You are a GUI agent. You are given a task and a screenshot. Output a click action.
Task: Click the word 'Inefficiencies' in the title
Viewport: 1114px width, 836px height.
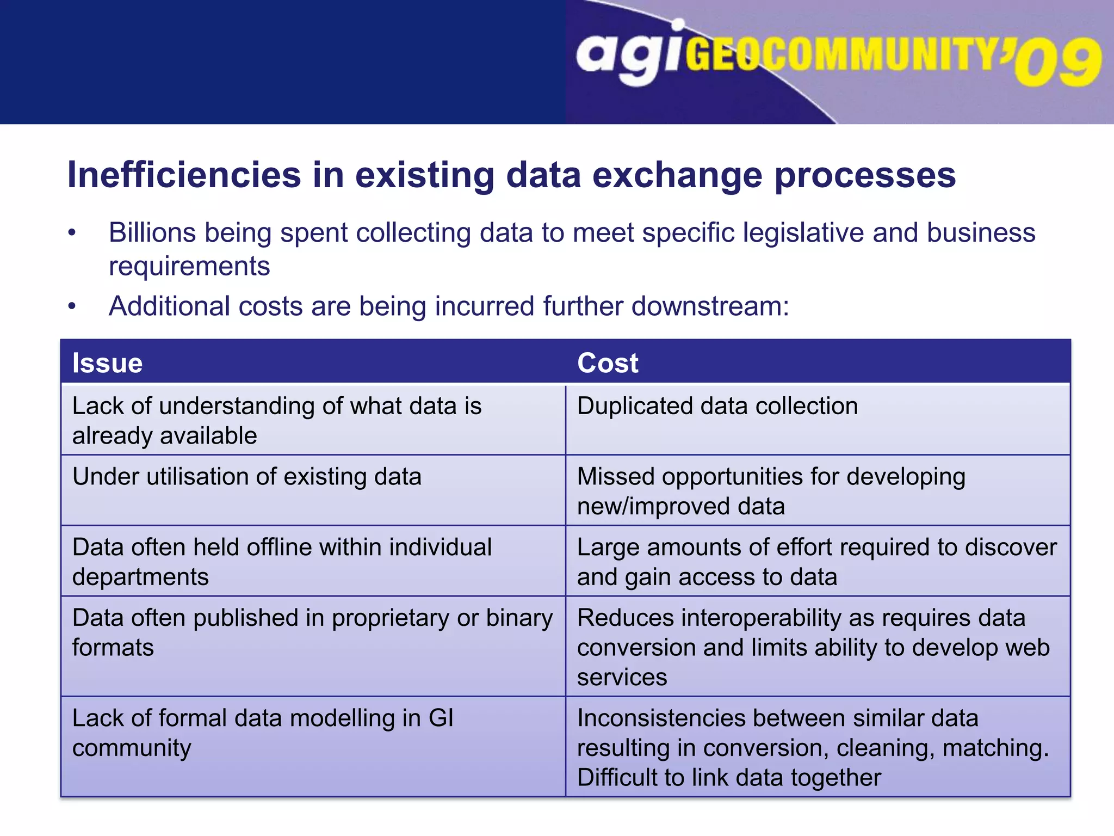point(184,175)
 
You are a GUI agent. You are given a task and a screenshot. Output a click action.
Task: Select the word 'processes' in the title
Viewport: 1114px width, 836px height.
point(864,175)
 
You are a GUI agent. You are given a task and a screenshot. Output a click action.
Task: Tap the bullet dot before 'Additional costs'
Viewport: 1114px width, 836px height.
point(72,306)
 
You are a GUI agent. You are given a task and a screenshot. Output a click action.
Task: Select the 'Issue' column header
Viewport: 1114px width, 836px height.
point(107,363)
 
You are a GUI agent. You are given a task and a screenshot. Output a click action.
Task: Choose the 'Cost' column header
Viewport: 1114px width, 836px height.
point(608,363)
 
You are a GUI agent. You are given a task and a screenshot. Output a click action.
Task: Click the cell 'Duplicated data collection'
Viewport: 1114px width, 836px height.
point(717,406)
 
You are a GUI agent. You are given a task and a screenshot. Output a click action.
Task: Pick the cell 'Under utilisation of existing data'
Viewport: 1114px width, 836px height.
point(246,477)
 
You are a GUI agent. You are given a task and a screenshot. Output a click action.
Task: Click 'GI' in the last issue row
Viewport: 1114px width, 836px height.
point(441,718)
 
